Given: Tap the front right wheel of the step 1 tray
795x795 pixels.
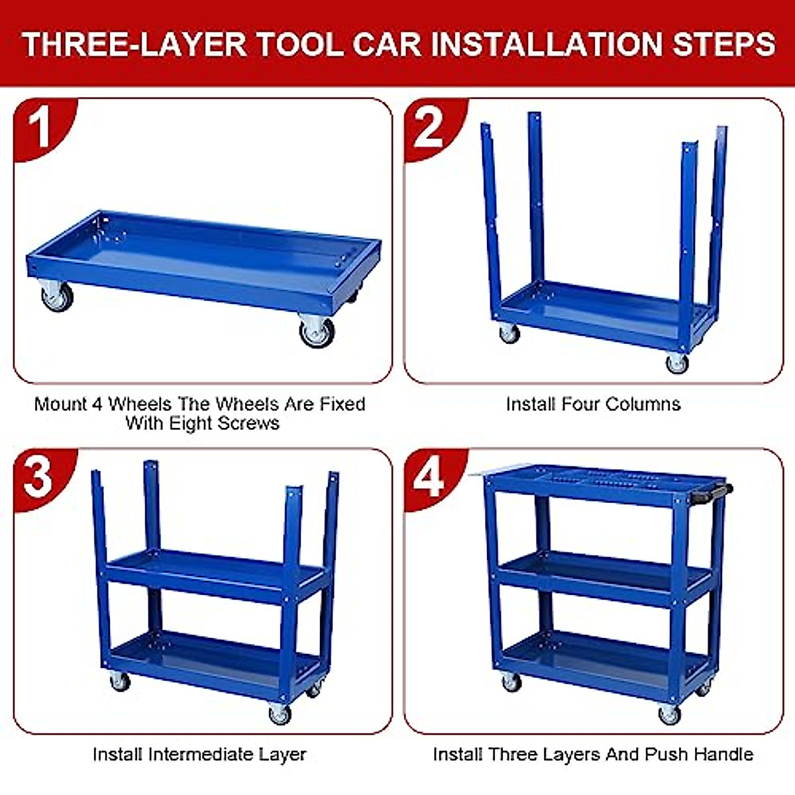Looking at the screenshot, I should tap(316, 331).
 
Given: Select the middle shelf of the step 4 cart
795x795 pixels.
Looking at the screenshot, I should tap(603, 576).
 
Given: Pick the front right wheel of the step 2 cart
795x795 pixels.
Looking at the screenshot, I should tap(676, 362).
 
